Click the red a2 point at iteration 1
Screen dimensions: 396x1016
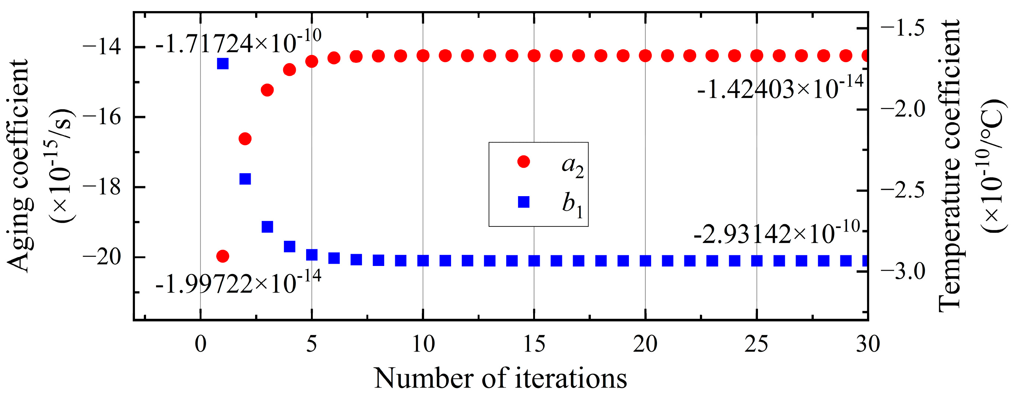point(223,256)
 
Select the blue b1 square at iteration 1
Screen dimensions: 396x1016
point(223,63)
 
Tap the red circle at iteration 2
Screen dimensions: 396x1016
point(245,139)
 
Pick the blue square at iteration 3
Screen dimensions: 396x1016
point(267,226)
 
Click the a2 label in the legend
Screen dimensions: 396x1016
point(572,165)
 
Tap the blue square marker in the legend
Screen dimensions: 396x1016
point(524,202)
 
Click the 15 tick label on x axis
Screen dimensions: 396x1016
point(534,344)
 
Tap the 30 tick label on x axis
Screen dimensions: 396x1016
point(868,344)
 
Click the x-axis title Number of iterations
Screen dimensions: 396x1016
point(500,378)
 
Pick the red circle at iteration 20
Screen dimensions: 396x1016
point(645,56)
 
